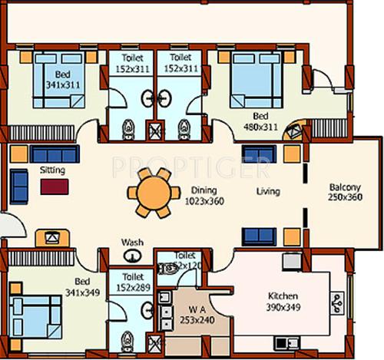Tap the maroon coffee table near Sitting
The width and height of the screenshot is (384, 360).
tap(53, 186)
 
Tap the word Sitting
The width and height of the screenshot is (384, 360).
tap(52, 170)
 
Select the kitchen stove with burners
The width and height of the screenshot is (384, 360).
tap(336, 305)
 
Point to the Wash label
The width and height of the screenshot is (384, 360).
tap(132, 242)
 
